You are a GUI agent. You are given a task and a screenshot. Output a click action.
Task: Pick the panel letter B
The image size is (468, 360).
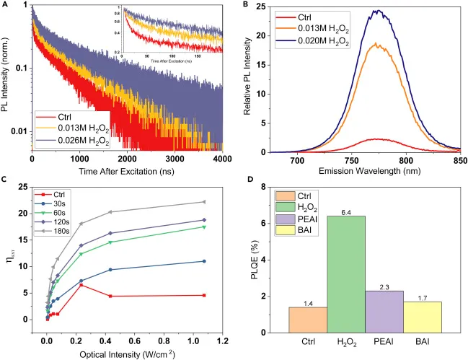pyautogui.click(x=247, y=5)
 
